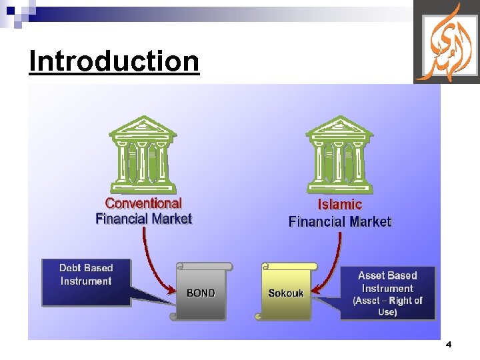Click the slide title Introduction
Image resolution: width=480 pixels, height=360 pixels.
(x=114, y=61)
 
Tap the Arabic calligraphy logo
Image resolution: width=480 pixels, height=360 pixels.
(x=446, y=41)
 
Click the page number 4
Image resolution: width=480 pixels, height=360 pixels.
(x=448, y=345)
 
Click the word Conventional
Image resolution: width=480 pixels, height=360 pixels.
(x=143, y=203)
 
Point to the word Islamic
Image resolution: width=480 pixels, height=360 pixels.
(x=339, y=205)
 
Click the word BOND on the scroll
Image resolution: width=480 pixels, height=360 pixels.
(x=201, y=293)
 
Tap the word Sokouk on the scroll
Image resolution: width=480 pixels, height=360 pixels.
(x=285, y=293)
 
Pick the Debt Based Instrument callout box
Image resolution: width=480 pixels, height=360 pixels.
(x=86, y=282)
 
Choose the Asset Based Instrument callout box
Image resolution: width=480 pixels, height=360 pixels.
(x=387, y=293)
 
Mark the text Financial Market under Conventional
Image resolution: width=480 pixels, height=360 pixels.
(x=143, y=219)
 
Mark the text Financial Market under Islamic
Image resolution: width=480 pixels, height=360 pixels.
(x=339, y=221)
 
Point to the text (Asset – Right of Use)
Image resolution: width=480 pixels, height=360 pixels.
(x=387, y=306)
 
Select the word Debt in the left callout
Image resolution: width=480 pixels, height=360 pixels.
(x=70, y=268)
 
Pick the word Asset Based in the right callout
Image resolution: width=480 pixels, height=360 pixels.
(x=387, y=275)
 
